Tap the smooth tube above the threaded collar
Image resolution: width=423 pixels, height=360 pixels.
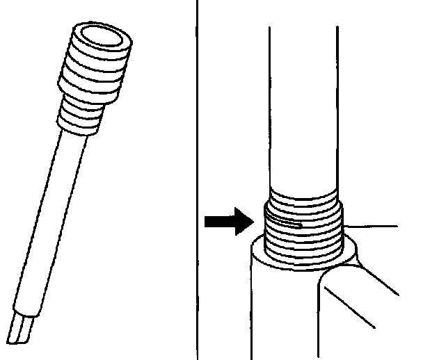305,104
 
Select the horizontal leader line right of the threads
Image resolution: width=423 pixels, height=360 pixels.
372,227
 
